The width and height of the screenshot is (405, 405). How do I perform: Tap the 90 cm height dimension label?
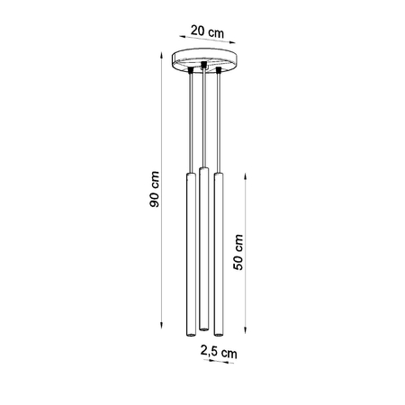pyautogui.click(x=155, y=191)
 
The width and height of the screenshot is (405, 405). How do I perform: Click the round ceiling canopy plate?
pyautogui.click(x=206, y=58)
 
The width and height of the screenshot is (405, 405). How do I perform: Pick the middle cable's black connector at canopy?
pyautogui.click(x=204, y=66)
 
